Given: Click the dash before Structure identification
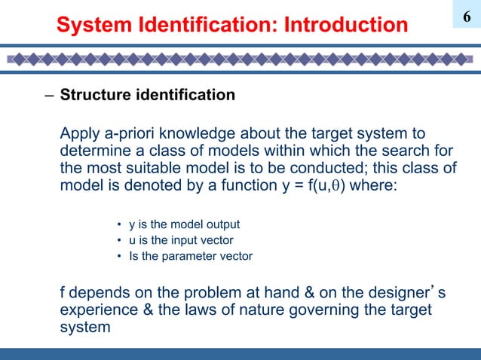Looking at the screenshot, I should click(x=49, y=96).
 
